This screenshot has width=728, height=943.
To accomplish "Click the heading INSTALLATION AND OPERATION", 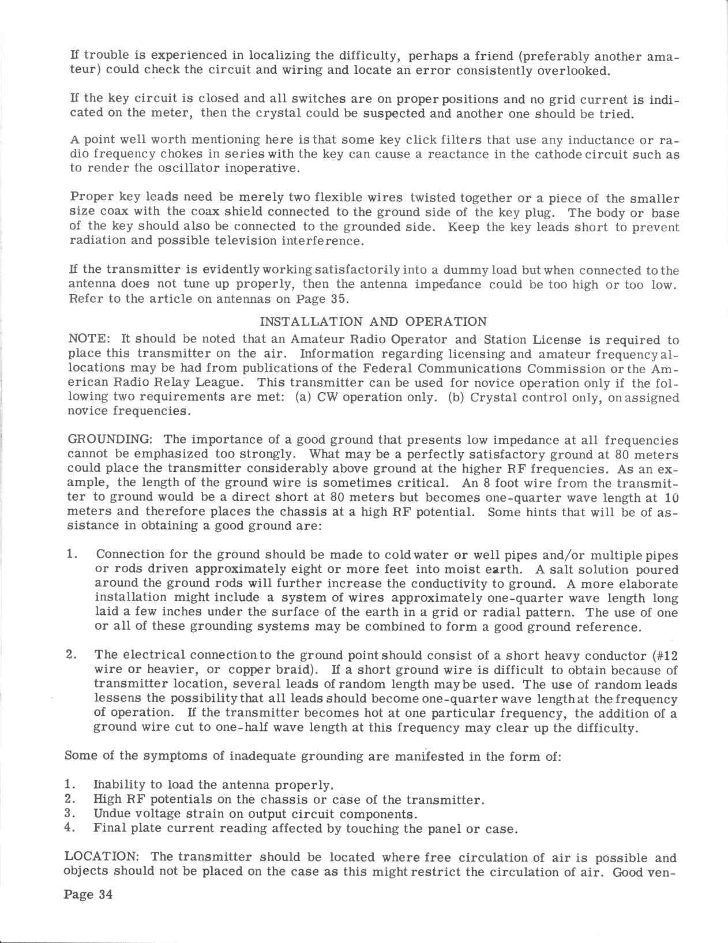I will (x=373, y=322).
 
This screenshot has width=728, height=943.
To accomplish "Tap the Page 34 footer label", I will (x=88, y=895).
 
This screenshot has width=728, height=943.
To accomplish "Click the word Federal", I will (x=386, y=369).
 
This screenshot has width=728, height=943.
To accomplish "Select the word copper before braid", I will (x=252, y=670).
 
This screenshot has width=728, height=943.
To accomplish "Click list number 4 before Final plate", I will (x=70, y=829).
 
